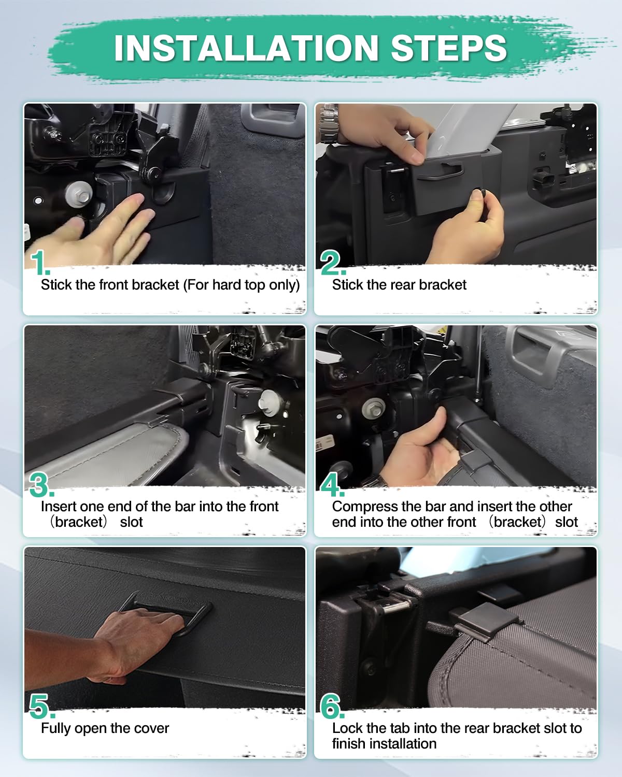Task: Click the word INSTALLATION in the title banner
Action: [x=246, y=48]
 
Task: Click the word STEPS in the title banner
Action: [x=448, y=48]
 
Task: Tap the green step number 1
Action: [x=39, y=264]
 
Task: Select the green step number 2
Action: [x=331, y=264]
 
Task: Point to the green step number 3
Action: [x=40, y=485]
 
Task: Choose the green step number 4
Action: [x=331, y=485]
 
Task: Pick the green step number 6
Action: [x=331, y=707]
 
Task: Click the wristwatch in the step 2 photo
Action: [x=329, y=124]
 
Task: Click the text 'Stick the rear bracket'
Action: [x=399, y=285]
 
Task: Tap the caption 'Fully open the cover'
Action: [x=105, y=728]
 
